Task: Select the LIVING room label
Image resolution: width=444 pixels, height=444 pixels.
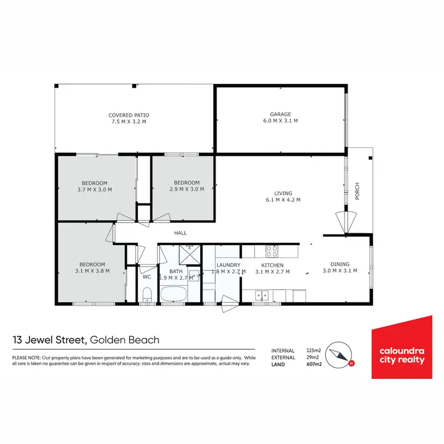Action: click(x=283, y=192)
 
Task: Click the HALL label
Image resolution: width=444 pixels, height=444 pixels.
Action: click(x=181, y=233)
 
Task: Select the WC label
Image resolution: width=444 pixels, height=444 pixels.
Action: click(x=147, y=276)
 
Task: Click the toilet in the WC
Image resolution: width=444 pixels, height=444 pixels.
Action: click(x=147, y=294)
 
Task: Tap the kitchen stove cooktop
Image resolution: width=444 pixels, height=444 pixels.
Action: click(x=272, y=250)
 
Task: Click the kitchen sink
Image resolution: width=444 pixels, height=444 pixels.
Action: click(x=260, y=294)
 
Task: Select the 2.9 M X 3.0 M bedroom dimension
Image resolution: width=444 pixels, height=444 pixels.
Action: click(x=187, y=189)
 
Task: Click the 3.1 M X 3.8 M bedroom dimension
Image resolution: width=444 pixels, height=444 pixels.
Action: click(x=92, y=271)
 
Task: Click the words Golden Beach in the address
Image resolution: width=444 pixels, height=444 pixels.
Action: click(x=125, y=340)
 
